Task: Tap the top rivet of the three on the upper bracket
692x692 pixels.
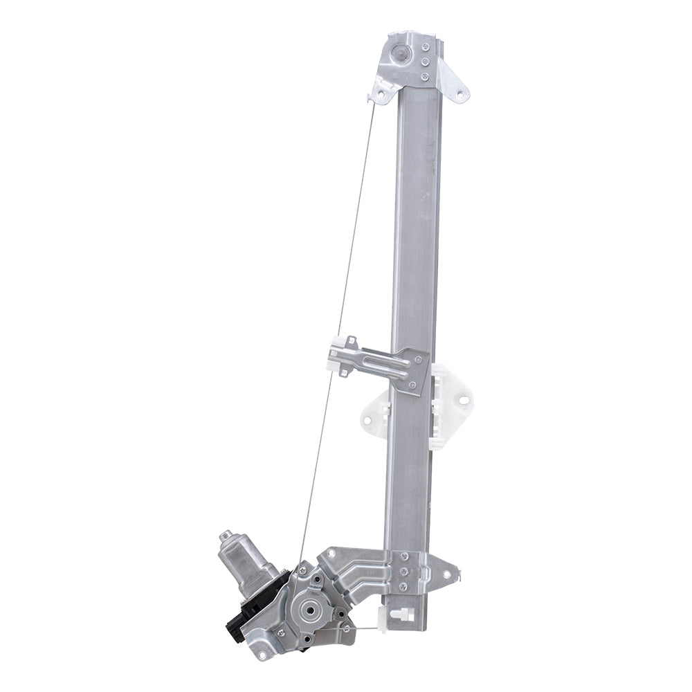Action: click(425, 48)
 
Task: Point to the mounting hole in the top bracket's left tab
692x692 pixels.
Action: click(377, 95)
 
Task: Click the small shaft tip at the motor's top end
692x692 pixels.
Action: click(225, 535)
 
